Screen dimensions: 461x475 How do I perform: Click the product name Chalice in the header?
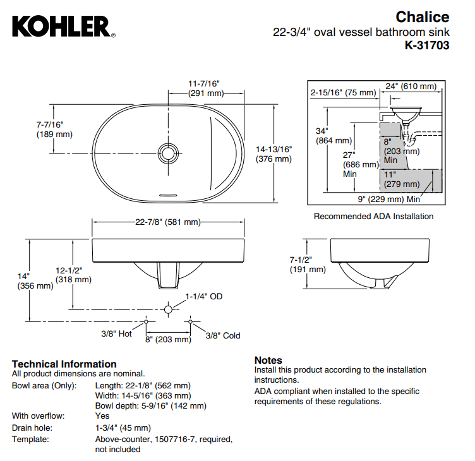423,17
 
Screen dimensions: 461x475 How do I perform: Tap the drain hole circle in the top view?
167,153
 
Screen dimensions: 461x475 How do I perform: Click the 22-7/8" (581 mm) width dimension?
167,222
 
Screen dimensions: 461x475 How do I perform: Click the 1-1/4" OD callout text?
203,296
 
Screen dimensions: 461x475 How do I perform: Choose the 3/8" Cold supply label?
222,335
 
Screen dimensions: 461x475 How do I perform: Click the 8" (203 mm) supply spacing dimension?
167,339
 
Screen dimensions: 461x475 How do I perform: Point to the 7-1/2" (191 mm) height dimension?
307,264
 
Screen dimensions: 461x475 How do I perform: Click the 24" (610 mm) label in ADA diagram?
411,86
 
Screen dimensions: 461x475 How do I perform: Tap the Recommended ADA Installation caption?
374,216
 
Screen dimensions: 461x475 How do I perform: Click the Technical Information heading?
64,364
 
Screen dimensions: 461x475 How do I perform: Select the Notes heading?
268,360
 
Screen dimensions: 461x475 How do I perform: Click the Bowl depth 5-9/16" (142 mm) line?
150,406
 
